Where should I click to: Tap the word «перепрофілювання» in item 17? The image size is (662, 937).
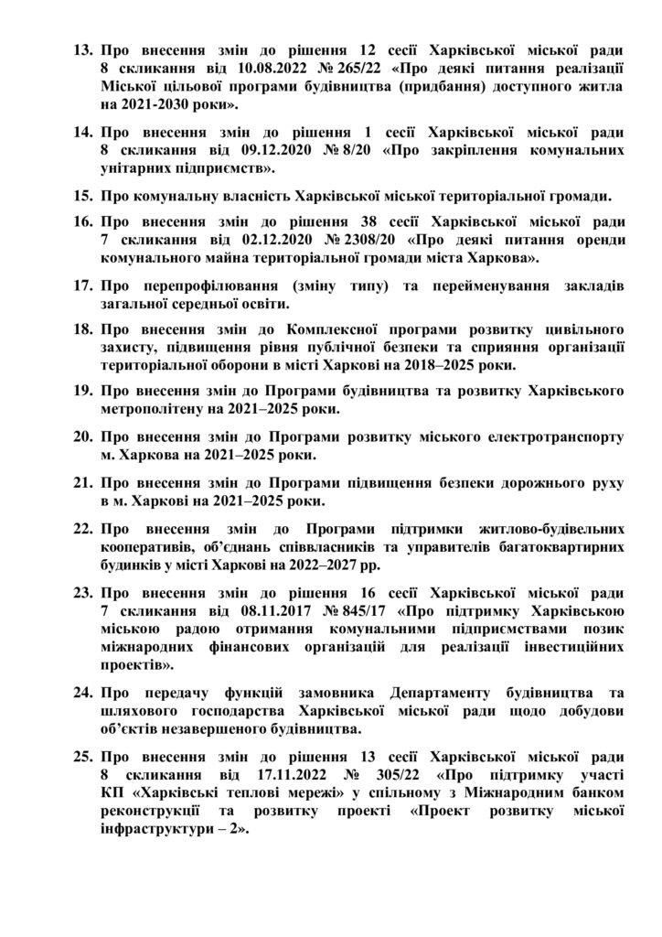[207, 285]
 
